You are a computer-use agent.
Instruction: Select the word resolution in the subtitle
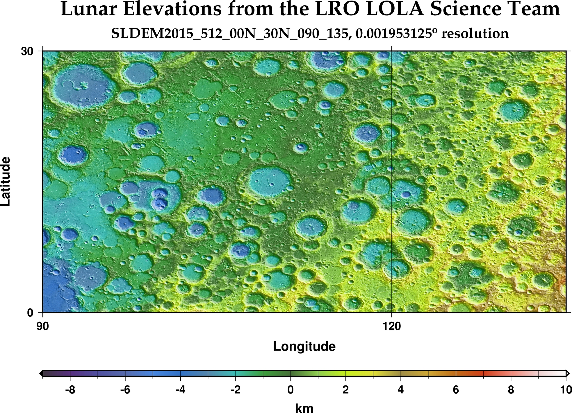(x=475, y=34)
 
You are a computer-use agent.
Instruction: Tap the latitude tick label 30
(x=26, y=51)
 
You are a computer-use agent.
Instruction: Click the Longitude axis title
(x=304, y=347)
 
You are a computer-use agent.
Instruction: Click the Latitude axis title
(x=6, y=182)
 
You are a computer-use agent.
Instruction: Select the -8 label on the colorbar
(x=70, y=390)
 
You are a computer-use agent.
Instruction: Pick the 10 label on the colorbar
(x=566, y=390)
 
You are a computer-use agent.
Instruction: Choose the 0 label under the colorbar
(x=290, y=390)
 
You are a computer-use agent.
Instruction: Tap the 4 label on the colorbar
(x=400, y=390)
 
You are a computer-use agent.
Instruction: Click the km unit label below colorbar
(x=304, y=408)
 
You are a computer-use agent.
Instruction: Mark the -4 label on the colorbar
(x=180, y=390)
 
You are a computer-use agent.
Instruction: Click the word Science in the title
(x=463, y=9)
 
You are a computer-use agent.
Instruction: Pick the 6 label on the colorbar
(x=456, y=390)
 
